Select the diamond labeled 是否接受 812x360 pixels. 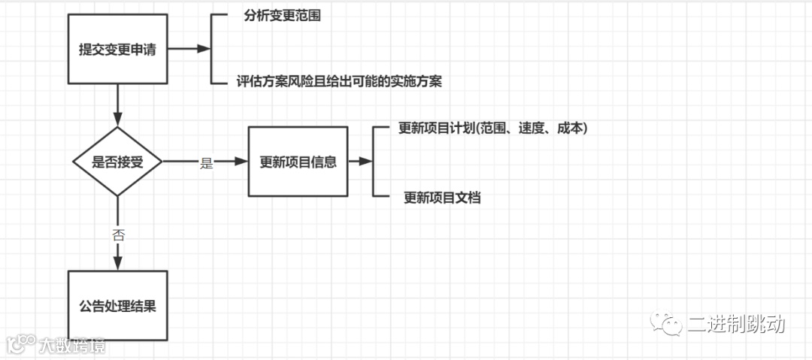click(117, 162)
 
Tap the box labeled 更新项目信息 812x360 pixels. click(298, 162)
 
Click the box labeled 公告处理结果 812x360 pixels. click(117, 306)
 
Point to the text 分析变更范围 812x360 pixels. click(283, 16)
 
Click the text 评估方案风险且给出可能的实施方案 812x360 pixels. click(338, 81)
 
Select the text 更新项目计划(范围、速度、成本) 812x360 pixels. click(492, 129)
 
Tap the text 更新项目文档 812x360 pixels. click(442, 198)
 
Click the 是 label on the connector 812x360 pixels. click(207, 163)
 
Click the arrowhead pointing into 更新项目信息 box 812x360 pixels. click(242, 162)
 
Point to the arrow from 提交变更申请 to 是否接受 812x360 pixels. click(117, 105)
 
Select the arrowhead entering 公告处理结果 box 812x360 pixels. click(117, 263)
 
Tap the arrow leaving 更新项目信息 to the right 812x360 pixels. click(361, 162)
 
